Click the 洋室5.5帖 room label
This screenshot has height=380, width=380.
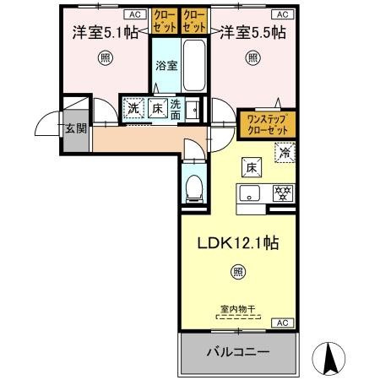tap(253, 35)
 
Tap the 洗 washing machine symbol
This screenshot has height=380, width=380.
tap(133, 107)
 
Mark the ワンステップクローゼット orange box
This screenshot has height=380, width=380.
tap(266, 125)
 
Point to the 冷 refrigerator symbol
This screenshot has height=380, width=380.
tap(285, 154)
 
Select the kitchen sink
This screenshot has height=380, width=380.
tap(251, 193)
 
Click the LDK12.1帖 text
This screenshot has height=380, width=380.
tap(239, 242)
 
